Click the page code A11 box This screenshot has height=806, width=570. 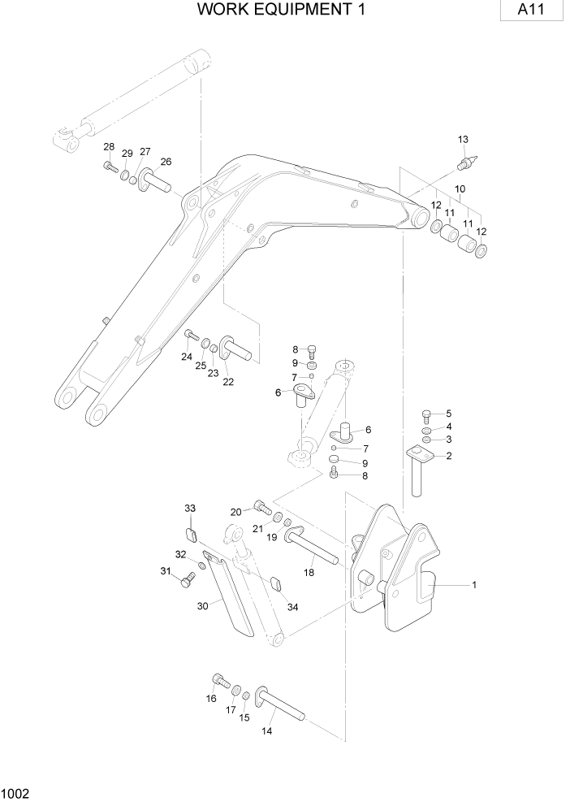pos(532,12)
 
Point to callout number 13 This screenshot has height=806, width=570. pos(463,140)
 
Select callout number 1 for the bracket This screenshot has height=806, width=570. pos(474,584)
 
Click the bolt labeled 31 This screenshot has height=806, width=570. pos(188,578)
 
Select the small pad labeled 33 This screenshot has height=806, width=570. pos(192,534)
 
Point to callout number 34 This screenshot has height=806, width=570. pos(293,606)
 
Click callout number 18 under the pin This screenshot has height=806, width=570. pos(309,572)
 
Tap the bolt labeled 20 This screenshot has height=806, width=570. pos(261,508)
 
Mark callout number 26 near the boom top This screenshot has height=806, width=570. pos(166,161)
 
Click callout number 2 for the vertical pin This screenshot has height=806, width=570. pos(448,456)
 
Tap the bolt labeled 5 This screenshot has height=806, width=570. pos(428,414)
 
